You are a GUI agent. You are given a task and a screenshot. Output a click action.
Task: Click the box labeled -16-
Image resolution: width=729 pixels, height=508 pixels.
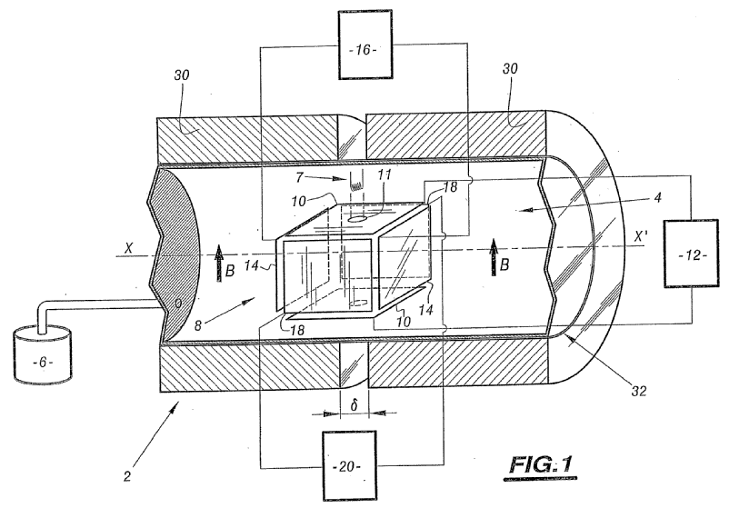click(365, 45)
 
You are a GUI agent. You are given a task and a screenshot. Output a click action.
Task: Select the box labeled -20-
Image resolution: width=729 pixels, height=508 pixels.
click(350, 465)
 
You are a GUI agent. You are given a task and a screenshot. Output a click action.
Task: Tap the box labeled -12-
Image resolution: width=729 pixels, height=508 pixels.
click(692, 254)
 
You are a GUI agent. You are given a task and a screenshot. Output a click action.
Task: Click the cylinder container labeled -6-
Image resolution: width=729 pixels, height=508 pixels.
click(43, 354)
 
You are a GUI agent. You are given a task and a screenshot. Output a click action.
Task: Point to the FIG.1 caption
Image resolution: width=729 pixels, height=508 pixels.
click(541, 465)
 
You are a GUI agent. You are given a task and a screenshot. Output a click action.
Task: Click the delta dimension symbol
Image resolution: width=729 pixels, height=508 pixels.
click(355, 405)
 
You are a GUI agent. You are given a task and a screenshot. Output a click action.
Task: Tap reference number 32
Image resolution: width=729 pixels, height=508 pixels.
click(638, 391)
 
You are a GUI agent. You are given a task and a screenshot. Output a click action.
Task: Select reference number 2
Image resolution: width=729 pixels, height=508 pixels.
click(127, 476)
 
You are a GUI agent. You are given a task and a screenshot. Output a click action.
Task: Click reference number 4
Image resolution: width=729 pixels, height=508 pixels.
click(656, 197)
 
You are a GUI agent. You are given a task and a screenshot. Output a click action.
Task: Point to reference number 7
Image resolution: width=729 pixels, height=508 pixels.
click(299, 176)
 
